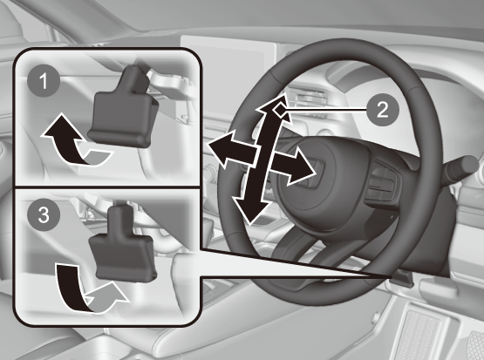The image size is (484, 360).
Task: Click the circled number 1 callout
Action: tap(44, 81)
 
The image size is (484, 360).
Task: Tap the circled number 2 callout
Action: tap(383, 109)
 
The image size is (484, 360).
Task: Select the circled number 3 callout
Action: tap(44, 214)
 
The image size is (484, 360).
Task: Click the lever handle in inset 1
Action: tap(124, 108)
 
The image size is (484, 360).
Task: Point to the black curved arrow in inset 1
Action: tap(64, 139)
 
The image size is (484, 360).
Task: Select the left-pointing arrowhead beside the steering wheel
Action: tap(219, 148)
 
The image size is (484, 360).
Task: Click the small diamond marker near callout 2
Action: tap(280, 110)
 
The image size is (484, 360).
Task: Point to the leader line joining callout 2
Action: tap(326, 110)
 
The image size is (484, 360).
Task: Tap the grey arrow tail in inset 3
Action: tap(106, 299)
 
